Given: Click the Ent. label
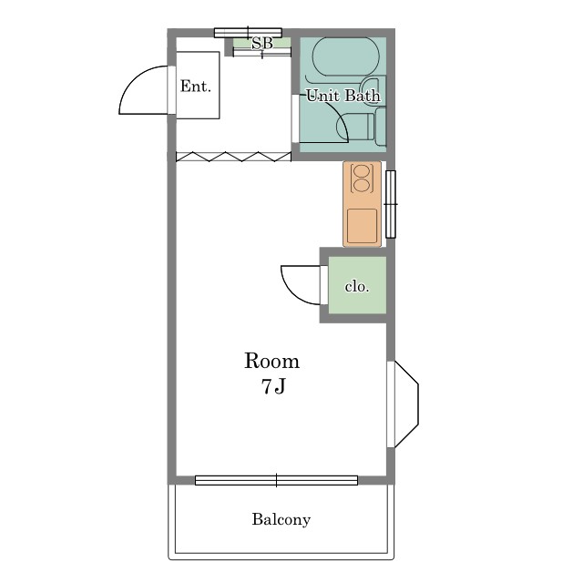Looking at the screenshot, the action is click(196, 87).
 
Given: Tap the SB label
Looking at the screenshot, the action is click(262, 44).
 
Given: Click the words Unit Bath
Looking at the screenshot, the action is click(343, 96).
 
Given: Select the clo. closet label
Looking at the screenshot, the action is click(357, 286).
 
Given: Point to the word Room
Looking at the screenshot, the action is click(271, 361).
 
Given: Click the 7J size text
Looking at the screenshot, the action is click(273, 386).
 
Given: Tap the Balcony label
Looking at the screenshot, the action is click(281, 519).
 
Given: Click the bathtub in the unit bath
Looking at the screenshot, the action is click(346, 56).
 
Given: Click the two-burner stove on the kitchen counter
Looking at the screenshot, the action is click(362, 179).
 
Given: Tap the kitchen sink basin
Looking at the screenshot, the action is click(362, 225).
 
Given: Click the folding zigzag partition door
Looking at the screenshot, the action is click(233, 157).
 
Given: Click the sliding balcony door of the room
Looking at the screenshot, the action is click(276, 480).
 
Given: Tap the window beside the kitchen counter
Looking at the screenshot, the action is click(391, 204).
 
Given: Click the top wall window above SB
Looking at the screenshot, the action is click(248, 33).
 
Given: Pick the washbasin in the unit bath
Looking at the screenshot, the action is click(373, 91).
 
